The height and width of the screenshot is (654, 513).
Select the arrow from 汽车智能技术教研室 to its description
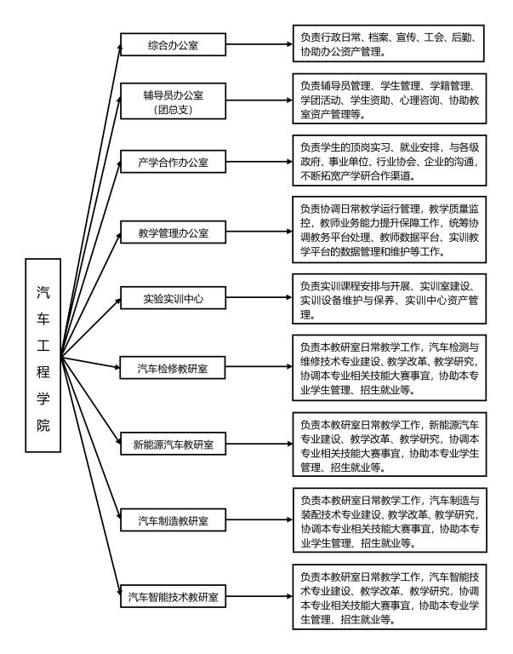259,595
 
